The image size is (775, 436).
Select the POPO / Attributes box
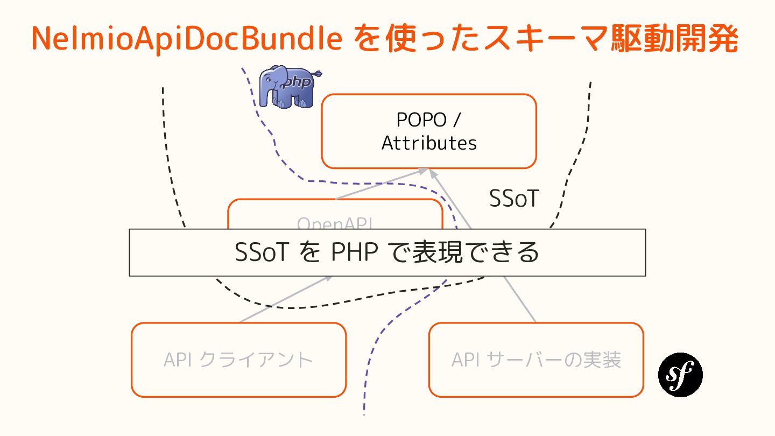coord(429,131)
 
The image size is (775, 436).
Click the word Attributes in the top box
coord(429,143)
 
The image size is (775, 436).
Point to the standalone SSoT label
coord(513,199)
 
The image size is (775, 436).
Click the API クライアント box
coord(238,360)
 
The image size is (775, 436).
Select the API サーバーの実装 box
coord(536,360)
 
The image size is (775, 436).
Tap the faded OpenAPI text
coord(335,223)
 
